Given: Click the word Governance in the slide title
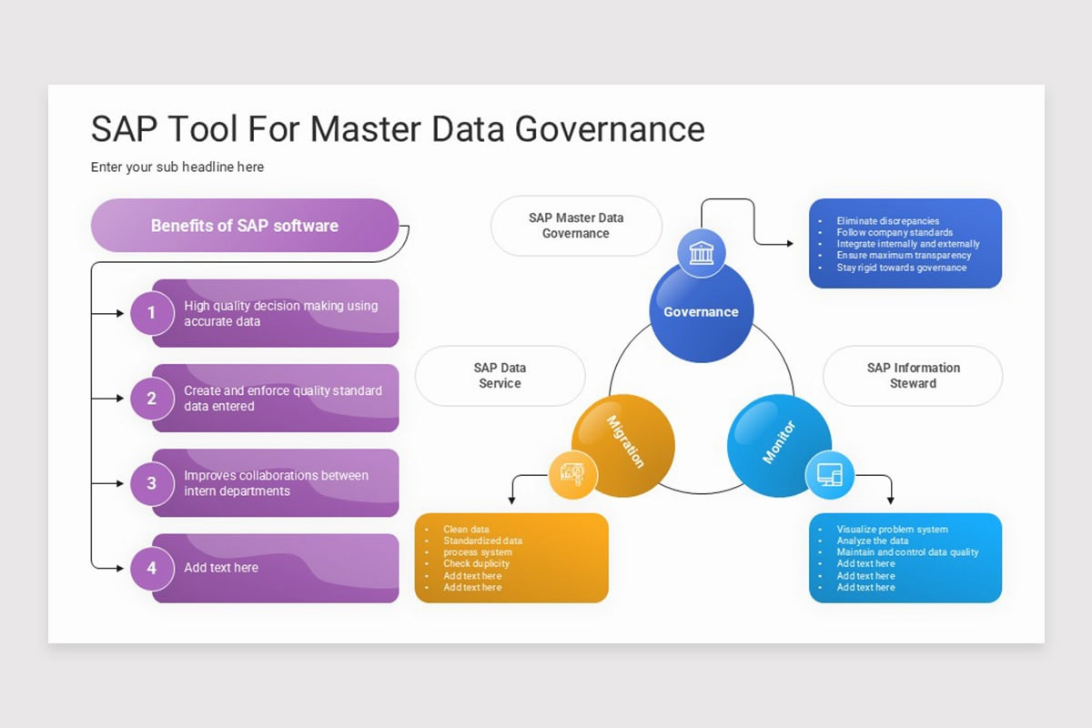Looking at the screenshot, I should point(610,129).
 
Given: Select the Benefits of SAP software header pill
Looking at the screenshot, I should point(245,226).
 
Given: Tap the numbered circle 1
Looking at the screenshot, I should point(151,313).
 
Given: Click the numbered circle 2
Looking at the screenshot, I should point(151,399).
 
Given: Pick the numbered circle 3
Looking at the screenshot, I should point(151,483).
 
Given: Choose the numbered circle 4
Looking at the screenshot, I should point(151,568).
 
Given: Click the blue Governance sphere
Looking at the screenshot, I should point(701,311).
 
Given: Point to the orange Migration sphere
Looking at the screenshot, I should point(623,445).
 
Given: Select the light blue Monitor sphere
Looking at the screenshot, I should point(779,445).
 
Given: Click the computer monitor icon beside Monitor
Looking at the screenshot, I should point(830,475).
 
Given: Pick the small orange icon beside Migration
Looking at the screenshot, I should point(572,474).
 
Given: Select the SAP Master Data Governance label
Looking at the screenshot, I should point(576,226).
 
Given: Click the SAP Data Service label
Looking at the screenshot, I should point(500,376).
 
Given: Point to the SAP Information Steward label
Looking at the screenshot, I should point(913,376).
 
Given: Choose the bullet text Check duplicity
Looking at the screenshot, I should point(477,564).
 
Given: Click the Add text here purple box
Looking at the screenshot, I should point(275,568).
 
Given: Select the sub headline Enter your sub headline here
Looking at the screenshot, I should point(177,167).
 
